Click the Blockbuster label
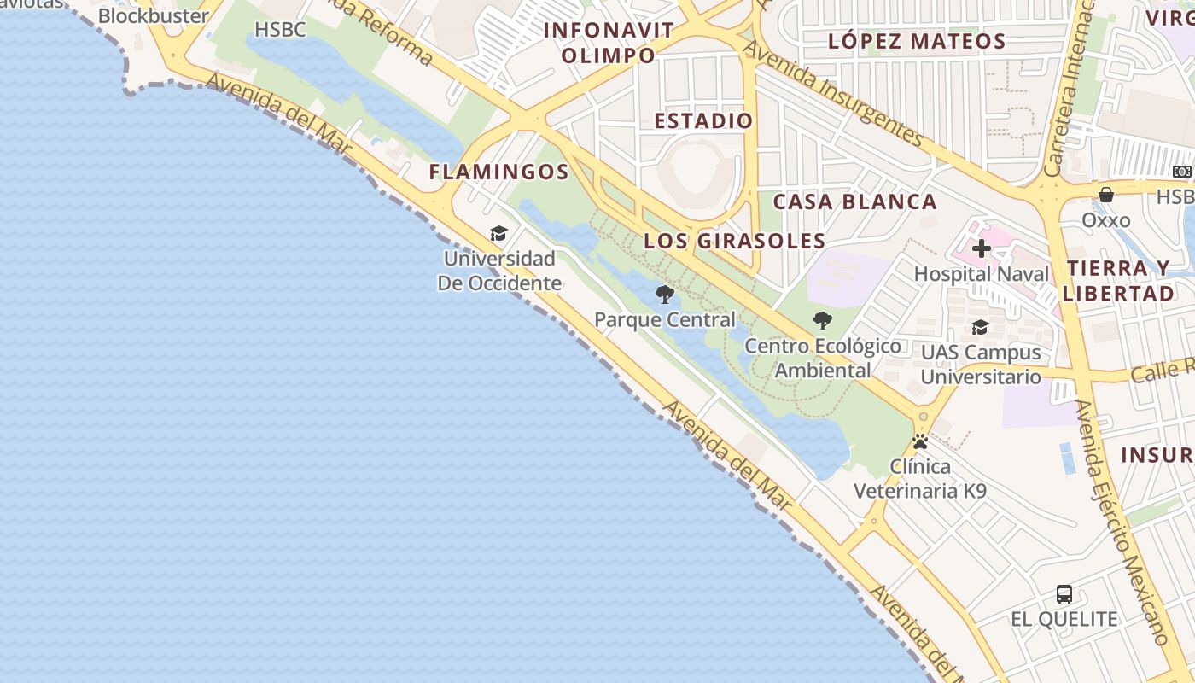[154, 16]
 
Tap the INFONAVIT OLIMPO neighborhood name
[609, 43]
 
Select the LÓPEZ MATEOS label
[917, 41]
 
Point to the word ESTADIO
[703, 121]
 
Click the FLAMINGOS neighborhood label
[499, 172]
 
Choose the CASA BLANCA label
[854, 202]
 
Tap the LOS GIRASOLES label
[734, 241]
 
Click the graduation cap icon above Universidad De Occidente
[498, 234]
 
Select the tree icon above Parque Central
[664, 295]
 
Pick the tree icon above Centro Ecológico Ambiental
[823, 321]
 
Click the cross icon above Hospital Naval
[982, 248]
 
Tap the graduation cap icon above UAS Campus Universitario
[980, 328]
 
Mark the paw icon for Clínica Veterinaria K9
[920, 442]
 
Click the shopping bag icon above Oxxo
[1106, 195]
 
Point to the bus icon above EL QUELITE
[1064, 594]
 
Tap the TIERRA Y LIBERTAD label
[1120, 280]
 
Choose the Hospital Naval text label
[982, 274]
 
